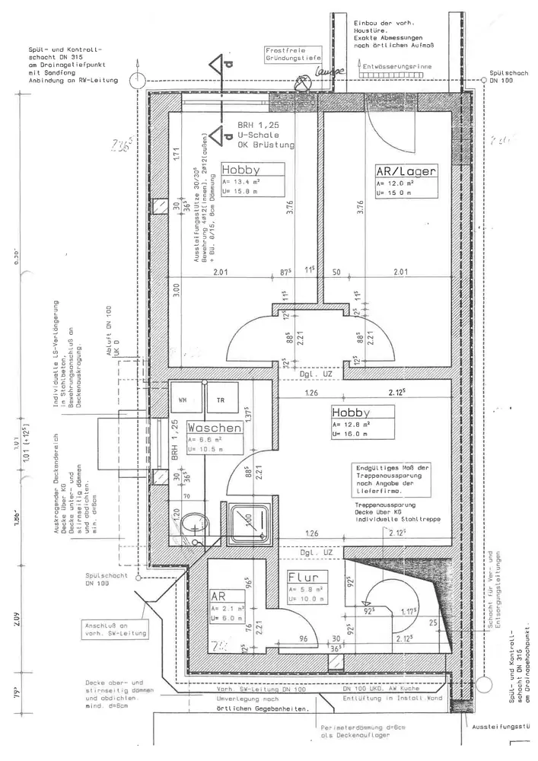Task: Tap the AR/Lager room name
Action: tap(405, 172)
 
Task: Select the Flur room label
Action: tap(307, 576)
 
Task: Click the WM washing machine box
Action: tap(184, 400)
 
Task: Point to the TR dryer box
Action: tap(221, 400)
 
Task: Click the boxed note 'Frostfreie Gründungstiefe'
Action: tap(292, 53)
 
